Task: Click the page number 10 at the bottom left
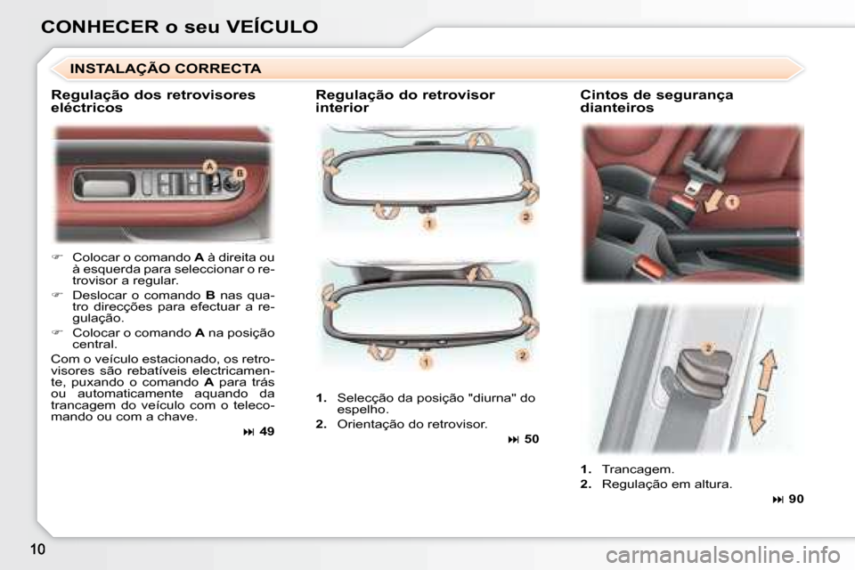tap(37, 549)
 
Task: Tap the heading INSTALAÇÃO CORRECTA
tap(166, 69)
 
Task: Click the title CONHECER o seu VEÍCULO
tap(179, 27)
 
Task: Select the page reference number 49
tap(266, 431)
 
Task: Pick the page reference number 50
tap(532, 439)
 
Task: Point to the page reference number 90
tap(796, 499)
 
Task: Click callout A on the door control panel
tap(210, 167)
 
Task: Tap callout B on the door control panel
tap(240, 174)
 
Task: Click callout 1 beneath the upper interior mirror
tap(429, 223)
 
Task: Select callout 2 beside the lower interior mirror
tap(522, 355)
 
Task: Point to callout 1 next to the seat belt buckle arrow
tap(732, 202)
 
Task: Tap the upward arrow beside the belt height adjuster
tap(768, 370)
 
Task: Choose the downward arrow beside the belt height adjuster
tap(758, 414)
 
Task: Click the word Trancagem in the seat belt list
tap(638, 469)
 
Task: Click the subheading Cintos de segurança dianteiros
tap(656, 102)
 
